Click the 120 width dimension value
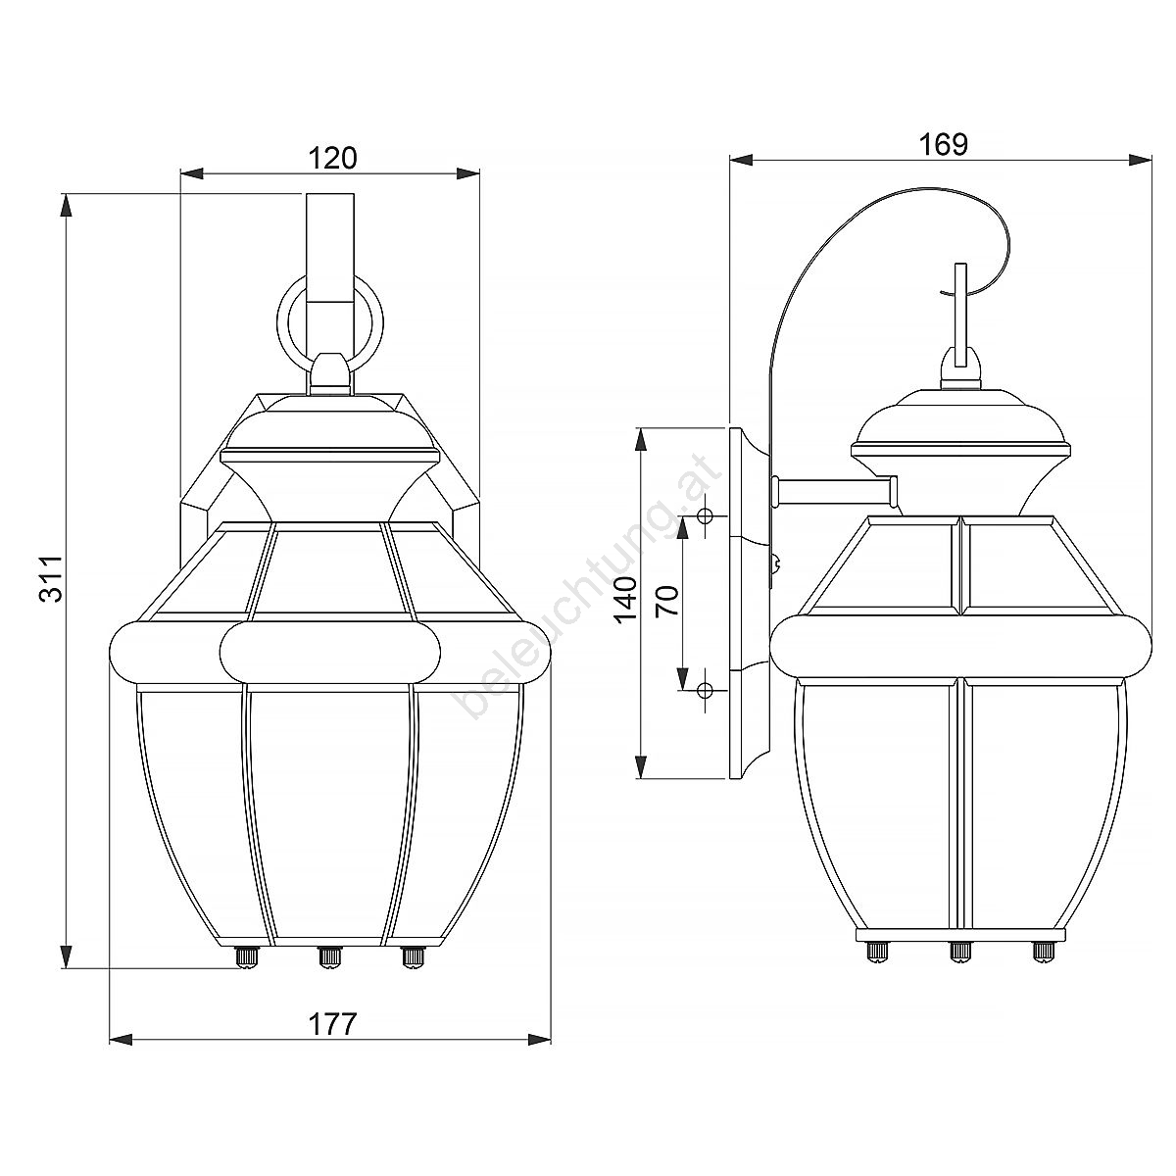[332, 158]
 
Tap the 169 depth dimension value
[943, 144]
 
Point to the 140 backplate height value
[627, 600]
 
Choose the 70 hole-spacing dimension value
[668, 601]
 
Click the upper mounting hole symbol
[706, 516]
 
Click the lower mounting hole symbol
[706, 690]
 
